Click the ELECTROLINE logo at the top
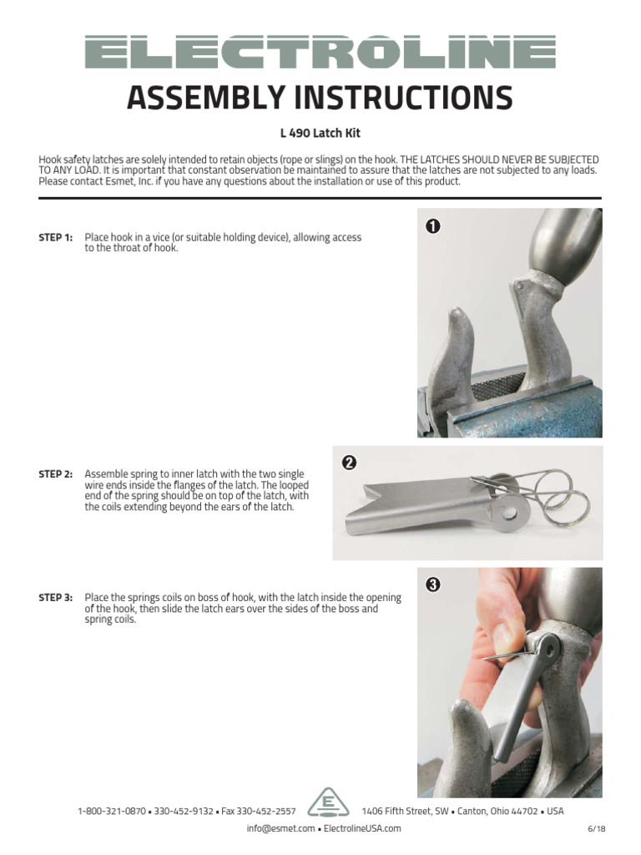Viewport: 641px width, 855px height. tap(320, 52)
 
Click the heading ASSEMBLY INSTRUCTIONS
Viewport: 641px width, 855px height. tap(320, 99)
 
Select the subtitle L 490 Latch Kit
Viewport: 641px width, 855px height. tap(320, 134)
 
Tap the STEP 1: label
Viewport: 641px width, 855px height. tap(56, 238)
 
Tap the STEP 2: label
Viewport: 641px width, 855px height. tap(56, 474)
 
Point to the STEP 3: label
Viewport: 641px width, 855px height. tap(56, 598)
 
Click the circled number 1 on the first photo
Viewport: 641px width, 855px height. tap(433, 225)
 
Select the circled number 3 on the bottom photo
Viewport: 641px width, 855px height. tap(433, 584)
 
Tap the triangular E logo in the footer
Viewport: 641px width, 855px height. tap(328, 804)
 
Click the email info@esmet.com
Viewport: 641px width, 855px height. tap(280, 828)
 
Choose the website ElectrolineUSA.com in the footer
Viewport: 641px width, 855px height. tap(362, 828)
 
